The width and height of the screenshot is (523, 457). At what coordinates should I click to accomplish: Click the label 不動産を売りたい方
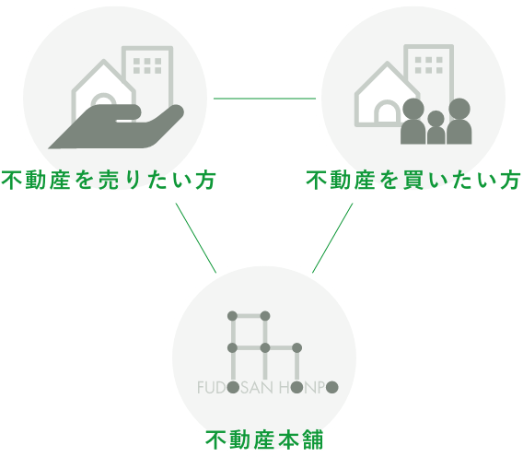pyautogui.click(x=109, y=181)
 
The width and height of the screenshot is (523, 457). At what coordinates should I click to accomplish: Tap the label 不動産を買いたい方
pyautogui.click(x=413, y=181)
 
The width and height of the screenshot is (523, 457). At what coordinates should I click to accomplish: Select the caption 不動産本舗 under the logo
pyautogui.click(x=264, y=440)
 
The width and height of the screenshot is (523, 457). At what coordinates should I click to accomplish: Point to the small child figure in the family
pyautogui.click(x=436, y=127)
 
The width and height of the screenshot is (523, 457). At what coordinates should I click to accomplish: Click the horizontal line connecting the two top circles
pyautogui.click(x=264, y=99)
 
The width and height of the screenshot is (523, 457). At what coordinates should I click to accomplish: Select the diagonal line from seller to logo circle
pyautogui.click(x=196, y=238)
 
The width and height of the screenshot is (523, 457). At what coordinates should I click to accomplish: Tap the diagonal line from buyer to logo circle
pyautogui.click(x=332, y=238)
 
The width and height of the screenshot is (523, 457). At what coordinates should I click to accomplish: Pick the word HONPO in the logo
pyautogui.click(x=308, y=388)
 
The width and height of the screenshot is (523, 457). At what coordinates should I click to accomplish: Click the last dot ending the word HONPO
pyautogui.click(x=331, y=388)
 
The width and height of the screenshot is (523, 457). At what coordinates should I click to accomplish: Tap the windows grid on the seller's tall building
pyautogui.click(x=147, y=65)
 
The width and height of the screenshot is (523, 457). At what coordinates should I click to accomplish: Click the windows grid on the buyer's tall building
pyautogui.click(x=429, y=64)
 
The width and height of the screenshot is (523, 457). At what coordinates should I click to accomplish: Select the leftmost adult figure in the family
pyautogui.click(x=413, y=122)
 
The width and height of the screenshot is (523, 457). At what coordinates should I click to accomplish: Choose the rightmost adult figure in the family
pyautogui.click(x=459, y=122)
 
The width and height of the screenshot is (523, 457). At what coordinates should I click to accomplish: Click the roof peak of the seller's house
pyautogui.click(x=104, y=61)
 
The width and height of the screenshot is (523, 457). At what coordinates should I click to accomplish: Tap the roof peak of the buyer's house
pyautogui.click(x=387, y=63)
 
